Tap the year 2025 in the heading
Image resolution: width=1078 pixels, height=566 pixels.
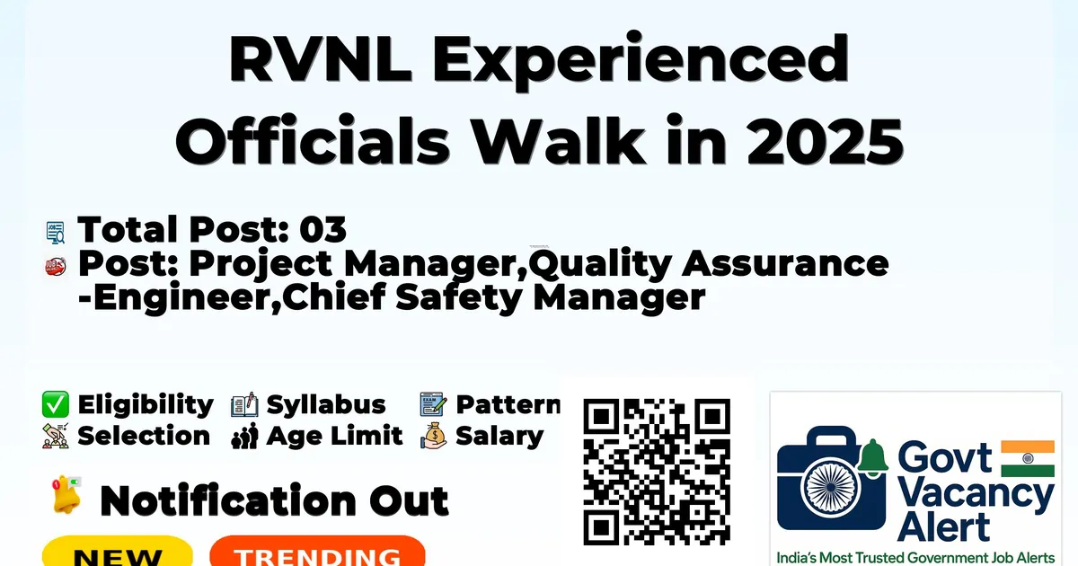tap(825, 141)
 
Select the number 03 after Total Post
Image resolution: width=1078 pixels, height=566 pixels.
tap(323, 229)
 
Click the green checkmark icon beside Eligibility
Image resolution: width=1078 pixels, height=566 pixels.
tap(56, 404)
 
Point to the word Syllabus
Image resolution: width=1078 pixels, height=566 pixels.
tap(326, 405)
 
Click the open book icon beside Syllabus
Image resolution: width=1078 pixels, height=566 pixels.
tap(244, 405)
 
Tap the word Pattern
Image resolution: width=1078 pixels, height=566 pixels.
tap(508, 404)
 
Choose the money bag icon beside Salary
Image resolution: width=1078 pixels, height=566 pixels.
tap(434, 436)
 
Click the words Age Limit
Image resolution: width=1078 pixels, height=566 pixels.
tap(334, 436)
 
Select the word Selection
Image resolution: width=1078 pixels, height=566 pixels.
tap(144, 436)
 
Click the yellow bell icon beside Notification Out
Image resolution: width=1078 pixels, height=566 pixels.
tap(66, 495)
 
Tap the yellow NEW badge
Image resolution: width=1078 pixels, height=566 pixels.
tap(118, 552)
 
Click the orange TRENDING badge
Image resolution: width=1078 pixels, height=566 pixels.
tap(318, 552)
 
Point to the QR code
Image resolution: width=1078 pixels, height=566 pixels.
tap(657, 472)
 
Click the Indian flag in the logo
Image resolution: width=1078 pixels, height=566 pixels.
tap(1028, 458)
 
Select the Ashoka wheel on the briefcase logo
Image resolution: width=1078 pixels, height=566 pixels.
tap(830, 487)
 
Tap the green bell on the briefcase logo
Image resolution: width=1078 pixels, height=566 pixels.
tap(872, 457)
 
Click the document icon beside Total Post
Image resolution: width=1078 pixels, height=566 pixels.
tap(56, 233)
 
